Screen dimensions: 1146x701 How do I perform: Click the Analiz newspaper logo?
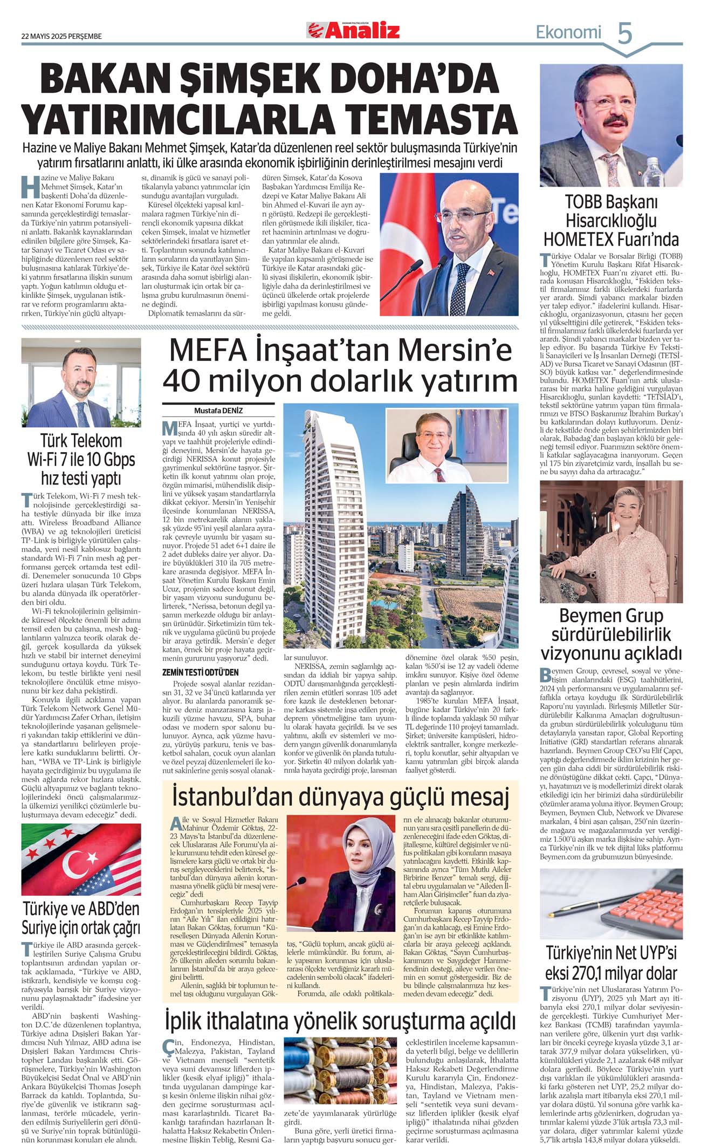[x=354, y=31]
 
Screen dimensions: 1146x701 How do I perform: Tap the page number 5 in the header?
[x=624, y=33]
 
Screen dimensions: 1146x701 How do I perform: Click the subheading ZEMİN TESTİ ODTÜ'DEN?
[x=200, y=672]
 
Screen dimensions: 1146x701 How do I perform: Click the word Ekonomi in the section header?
[x=568, y=32]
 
